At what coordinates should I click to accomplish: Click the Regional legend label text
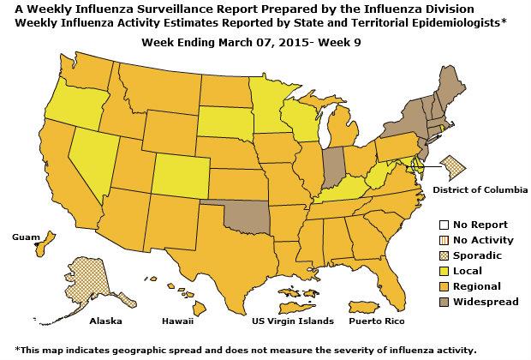(478, 285)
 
